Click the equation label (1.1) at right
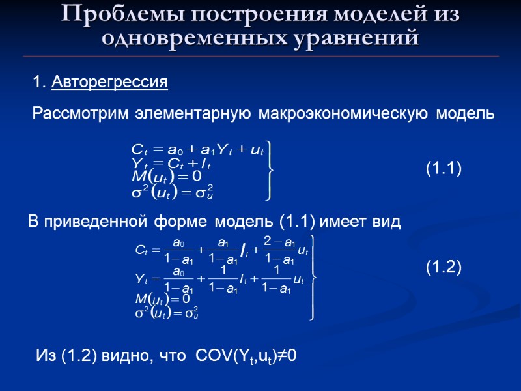pyautogui.click(x=444, y=169)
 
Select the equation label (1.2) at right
pyautogui.click(x=444, y=267)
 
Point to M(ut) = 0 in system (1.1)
pyautogui.click(x=167, y=176)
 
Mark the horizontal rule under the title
pyautogui.click(x=260, y=57)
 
